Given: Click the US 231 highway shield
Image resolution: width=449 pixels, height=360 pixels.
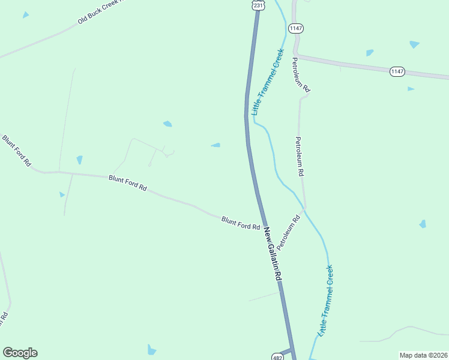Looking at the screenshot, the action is (x=258, y=5).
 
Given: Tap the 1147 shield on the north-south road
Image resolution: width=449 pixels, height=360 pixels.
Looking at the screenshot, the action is (x=296, y=28).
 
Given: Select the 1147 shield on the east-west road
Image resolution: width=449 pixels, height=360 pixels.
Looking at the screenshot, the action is (x=397, y=71).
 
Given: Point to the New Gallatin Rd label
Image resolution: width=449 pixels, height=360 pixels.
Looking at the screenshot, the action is (x=273, y=255).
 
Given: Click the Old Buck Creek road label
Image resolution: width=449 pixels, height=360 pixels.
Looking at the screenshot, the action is (x=100, y=12).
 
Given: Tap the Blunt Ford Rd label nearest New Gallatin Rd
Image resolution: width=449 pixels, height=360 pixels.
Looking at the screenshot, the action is (x=240, y=223).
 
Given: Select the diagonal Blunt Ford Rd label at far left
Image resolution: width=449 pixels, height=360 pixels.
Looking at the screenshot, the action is (x=16, y=151).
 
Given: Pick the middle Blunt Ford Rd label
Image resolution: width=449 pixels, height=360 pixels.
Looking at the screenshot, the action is (x=127, y=182).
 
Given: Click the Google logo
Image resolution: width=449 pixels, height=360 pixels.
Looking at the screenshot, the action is (x=20, y=353).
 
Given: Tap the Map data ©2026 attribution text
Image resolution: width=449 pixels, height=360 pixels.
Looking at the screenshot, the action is (x=423, y=355).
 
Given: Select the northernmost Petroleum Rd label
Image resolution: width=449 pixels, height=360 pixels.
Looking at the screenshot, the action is (x=301, y=74).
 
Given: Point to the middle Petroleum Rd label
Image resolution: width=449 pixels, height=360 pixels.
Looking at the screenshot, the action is (x=298, y=156).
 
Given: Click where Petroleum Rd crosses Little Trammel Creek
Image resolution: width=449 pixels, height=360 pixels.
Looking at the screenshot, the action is (x=305, y=209).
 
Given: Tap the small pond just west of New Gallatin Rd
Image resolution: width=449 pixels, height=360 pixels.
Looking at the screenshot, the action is (x=215, y=145).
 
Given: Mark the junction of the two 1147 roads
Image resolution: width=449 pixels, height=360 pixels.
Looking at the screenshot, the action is (x=297, y=55).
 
